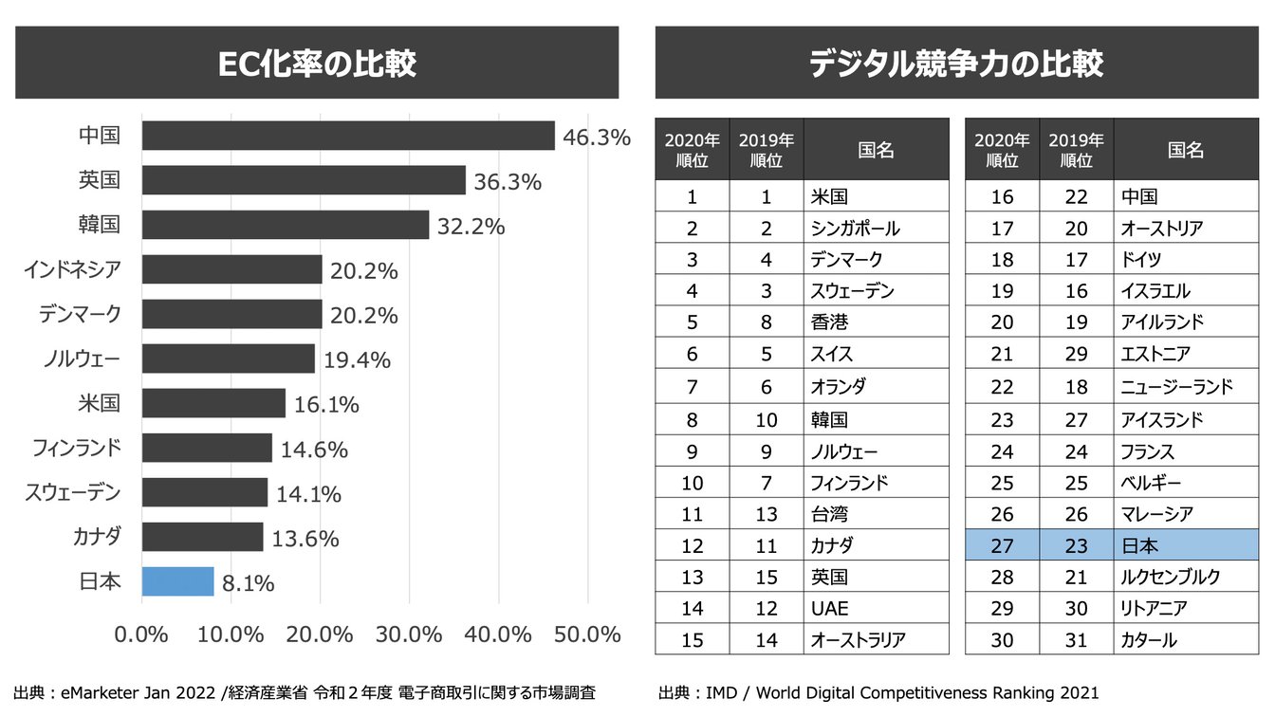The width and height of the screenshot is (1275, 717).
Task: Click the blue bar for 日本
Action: [x=178, y=581]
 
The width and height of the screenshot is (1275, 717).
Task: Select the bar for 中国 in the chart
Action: [x=348, y=136]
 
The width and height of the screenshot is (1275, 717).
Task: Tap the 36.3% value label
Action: [x=508, y=182]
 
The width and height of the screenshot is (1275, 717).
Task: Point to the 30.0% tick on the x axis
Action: [x=409, y=634]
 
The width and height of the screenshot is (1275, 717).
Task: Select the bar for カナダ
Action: [x=202, y=537]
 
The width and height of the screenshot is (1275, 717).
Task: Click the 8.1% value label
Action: [x=248, y=583]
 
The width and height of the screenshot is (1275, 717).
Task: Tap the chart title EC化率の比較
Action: [x=317, y=63]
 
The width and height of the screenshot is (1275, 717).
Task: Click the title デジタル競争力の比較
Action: [x=956, y=63]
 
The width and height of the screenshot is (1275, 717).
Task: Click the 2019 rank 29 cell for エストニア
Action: [x=1076, y=355]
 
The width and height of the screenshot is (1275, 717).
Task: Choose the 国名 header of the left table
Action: [x=875, y=150]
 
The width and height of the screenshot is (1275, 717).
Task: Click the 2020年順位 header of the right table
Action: [x=1002, y=150]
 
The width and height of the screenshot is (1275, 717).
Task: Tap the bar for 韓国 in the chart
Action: [x=286, y=225]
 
